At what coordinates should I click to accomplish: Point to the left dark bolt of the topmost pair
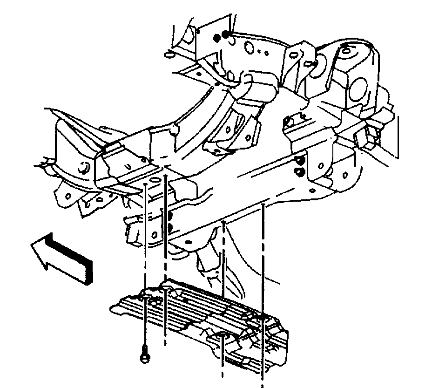[217, 37]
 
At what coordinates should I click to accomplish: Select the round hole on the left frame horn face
[84, 168]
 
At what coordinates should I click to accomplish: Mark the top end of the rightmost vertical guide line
[263, 204]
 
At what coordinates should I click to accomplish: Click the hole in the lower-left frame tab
[68, 196]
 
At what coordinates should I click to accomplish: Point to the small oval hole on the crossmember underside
[189, 243]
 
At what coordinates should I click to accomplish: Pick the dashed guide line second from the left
[165, 261]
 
